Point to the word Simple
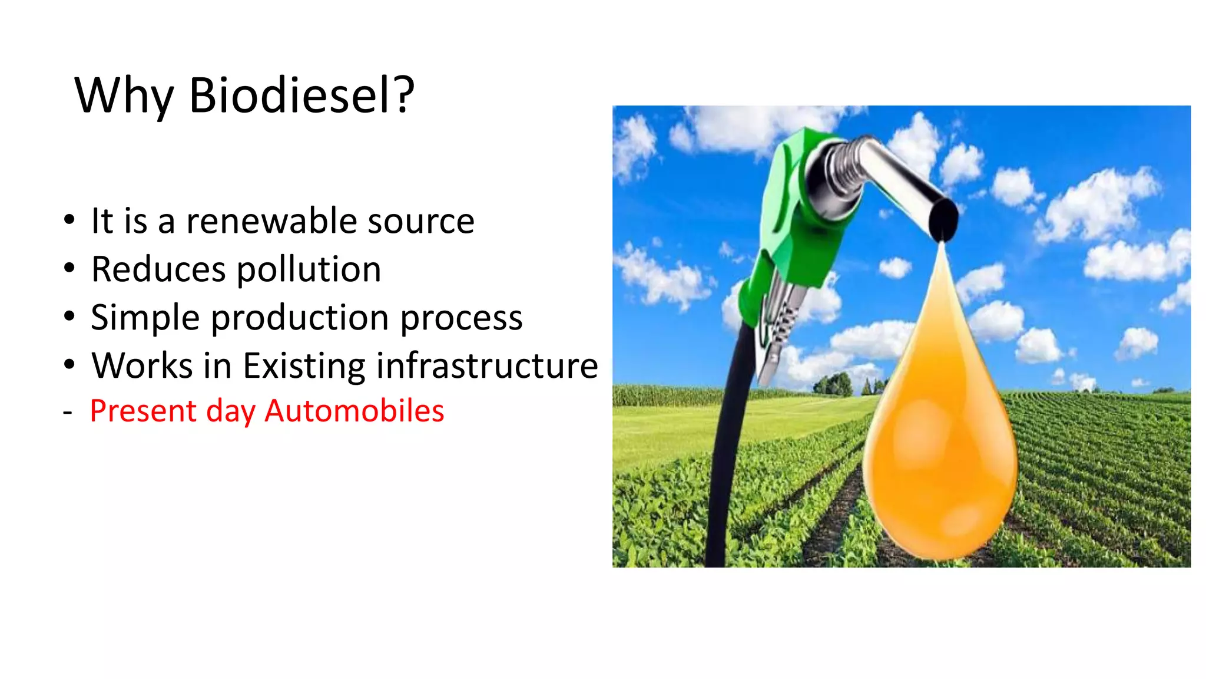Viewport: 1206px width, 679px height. coord(145,318)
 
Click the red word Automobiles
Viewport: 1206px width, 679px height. coord(354,411)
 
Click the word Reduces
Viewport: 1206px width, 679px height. coord(158,270)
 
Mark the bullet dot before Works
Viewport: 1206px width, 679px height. coord(69,365)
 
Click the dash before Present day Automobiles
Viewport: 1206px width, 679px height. coord(68,412)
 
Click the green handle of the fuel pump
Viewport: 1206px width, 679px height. coord(789,224)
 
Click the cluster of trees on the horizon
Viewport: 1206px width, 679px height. coord(833,385)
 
